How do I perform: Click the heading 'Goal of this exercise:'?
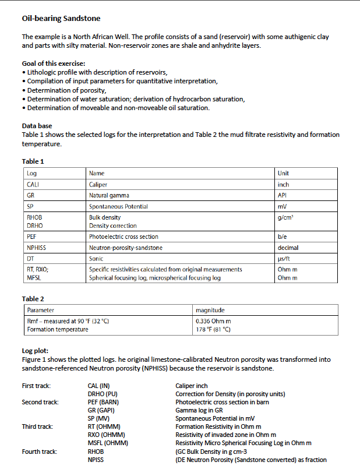[54, 64]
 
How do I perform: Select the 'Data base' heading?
[37, 126]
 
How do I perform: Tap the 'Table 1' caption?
[33, 161]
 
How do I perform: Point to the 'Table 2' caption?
[33, 299]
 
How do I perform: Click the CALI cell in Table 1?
[33, 185]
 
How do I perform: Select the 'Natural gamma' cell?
[109, 195]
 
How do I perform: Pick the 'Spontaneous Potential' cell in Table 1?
[118, 206]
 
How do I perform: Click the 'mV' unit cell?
[283, 206]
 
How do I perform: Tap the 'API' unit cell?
[283, 195]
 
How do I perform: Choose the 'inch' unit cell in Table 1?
[284, 185]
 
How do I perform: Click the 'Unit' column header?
[284, 173]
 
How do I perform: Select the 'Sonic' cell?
[96, 258]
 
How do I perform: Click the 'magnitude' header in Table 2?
[210, 311]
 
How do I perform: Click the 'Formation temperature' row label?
[58, 330]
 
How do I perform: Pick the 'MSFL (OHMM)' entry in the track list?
[108, 443]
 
